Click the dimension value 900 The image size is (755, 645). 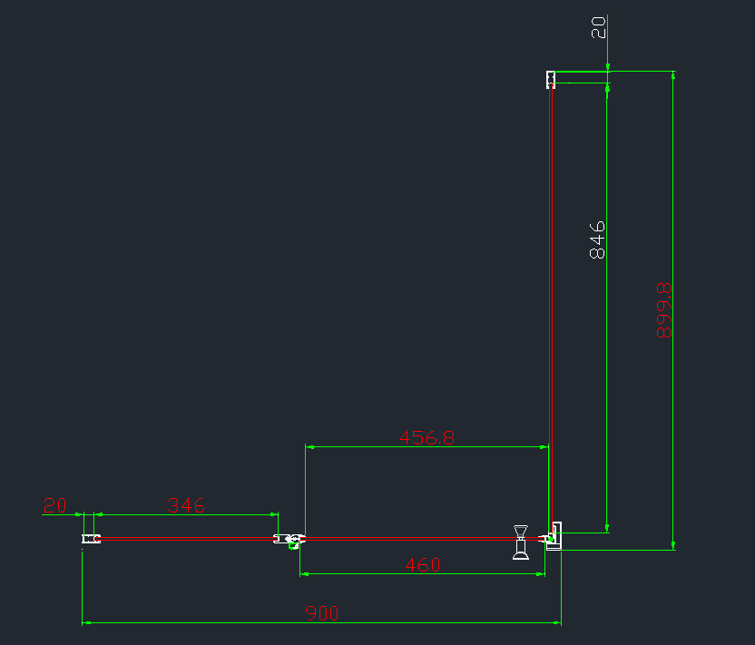pos(321,613)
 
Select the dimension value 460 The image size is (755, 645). pos(423,564)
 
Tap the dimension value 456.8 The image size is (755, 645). pos(427,437)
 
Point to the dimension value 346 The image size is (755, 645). pos(186,505)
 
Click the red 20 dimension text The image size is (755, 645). pos(54,505)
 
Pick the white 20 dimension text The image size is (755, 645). pos(598,27)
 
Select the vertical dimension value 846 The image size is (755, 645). pos(597,240)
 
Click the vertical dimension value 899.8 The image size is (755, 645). pos(664,310)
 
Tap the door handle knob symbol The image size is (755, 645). pos(521,542)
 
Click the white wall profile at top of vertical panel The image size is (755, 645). pos(551,80)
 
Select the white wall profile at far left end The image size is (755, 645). pos(91,539)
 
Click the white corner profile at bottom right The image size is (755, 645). pos(554,536)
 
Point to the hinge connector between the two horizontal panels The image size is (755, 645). pos(289,540)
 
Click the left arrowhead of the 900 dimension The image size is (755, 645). pos(86,623)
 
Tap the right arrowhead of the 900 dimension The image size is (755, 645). pos(556,623)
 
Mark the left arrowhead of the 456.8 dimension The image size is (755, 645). pos(309,447)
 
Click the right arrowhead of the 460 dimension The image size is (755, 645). pos(540,573)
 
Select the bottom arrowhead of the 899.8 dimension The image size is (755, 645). pos(673,545)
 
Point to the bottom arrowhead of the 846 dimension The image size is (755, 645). pos(607,528)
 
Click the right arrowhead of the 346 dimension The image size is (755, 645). pos(273,514)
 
